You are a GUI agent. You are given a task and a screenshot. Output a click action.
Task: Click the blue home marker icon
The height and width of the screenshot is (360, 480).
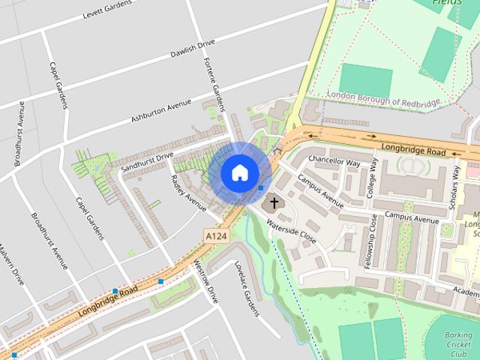239,173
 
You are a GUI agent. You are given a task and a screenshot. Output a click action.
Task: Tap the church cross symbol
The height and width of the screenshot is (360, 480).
274,202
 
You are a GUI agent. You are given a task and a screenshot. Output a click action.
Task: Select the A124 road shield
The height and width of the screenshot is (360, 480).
216,235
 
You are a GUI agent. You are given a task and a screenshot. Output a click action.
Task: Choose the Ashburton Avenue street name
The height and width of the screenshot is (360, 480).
160,109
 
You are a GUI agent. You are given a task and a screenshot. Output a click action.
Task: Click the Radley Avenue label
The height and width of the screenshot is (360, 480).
187,193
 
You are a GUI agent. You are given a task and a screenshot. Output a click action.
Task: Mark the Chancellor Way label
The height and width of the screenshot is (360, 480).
334,161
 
